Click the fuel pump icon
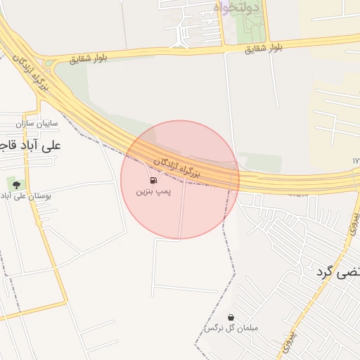tap(153, 180)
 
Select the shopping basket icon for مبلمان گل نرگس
tap(231, 317)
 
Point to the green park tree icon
tap(14, 184)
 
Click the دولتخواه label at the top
tap(236, 8)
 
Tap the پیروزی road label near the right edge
tap(352, 224)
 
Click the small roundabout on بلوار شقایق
tap(49, 63)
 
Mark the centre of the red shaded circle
tap(180, 179)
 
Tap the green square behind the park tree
tap(14, 184)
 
